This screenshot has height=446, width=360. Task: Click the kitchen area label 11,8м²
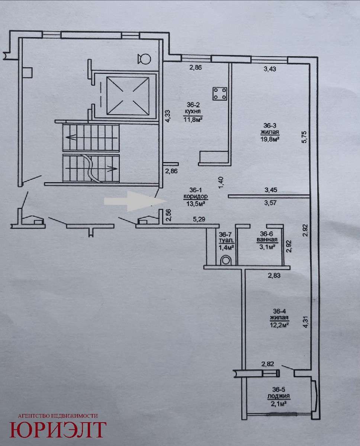193,120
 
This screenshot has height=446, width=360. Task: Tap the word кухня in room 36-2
193,111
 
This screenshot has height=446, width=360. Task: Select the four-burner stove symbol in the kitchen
220,93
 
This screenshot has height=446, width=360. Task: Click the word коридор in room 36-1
196,196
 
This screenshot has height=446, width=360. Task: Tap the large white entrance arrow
136,201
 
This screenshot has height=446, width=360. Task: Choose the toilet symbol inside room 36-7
226,260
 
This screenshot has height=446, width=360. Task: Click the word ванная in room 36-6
267,240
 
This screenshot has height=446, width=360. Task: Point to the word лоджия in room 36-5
279,396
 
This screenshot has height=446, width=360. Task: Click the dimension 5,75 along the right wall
305,137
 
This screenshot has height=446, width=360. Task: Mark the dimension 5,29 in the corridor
199,219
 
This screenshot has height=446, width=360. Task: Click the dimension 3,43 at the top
270,69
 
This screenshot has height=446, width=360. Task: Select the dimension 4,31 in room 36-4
305,321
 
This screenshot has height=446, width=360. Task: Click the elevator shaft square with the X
128,96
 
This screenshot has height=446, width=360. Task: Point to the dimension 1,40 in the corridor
221,182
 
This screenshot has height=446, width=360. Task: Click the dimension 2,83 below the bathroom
274,275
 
